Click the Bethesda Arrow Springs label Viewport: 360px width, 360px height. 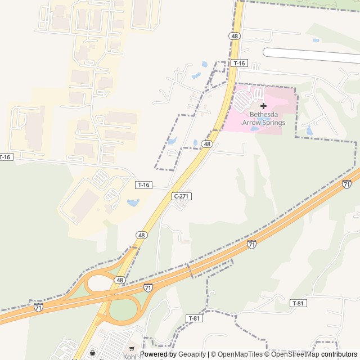click(x=263, y=118)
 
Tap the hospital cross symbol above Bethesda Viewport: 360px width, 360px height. click(x=263, y=106)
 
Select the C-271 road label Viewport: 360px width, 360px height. click(x=181, y=196)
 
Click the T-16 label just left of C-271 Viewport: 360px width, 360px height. click(x=143, y=184)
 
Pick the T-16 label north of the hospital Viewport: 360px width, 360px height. click(x=238, y=63)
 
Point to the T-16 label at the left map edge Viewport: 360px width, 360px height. click(x=5, y=157)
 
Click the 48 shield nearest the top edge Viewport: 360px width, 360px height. click(x=235, y=35)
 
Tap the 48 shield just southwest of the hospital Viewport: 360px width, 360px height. click(x=208, y=144)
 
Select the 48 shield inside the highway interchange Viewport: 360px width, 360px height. click(x=119, y=280)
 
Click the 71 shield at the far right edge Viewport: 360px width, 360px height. click(x=346, y=184)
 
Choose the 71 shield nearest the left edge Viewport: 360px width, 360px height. click(x=38, y=307)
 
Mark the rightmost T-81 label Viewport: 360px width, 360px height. click(x=299, y=303)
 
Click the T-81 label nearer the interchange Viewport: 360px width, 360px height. click(x=193, y=318)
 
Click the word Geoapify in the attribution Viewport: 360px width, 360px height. click(x=193, y=354)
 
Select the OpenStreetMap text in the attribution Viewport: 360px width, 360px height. click(x=295, y=354)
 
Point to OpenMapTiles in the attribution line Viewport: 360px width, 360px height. click(x=240, y=354)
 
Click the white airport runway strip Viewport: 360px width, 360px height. click(x=312, y=55)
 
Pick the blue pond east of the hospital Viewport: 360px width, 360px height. click(x=309, y=130)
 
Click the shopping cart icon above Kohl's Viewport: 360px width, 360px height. click(x=132, y=349)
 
